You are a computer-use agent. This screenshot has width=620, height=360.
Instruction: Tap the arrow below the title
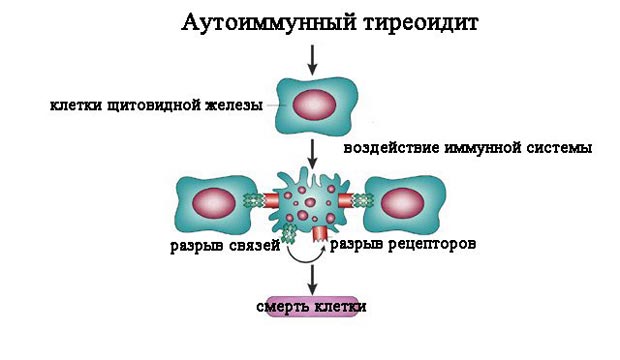(313, 59)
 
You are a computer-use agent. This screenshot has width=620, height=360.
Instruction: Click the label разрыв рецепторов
(395, 243)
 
